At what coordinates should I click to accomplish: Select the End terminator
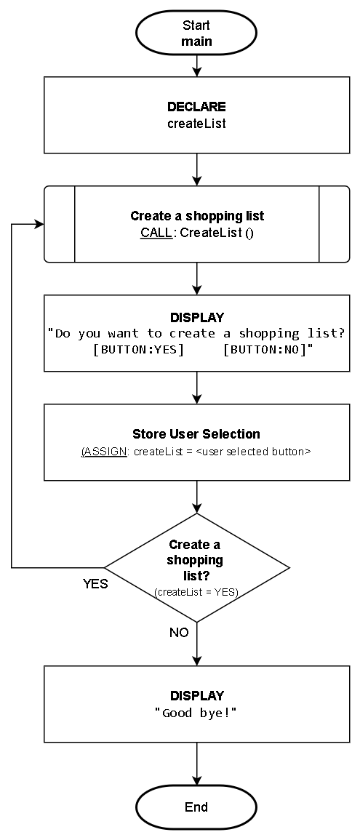tap(196, 807)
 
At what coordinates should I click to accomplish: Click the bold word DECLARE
tap(196, 107)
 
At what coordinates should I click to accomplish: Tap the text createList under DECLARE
tap(196, 124)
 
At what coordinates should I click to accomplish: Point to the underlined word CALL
tap(154, 233)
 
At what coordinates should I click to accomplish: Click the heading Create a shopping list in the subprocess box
tap(196, 216)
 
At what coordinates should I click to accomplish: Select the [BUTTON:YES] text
tap(139, 350)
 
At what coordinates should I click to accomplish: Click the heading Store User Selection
tap(196, 434)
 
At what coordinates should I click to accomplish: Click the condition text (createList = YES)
tap(196, 592)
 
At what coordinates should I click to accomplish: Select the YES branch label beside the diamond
tap(95, 584)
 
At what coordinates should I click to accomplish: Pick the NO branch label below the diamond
tap(179, 633)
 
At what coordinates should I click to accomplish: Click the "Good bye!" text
tap(196, 713)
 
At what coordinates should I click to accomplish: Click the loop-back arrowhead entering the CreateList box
tap(39, 224)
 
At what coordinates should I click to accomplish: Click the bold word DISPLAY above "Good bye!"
tap(196, 696)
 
